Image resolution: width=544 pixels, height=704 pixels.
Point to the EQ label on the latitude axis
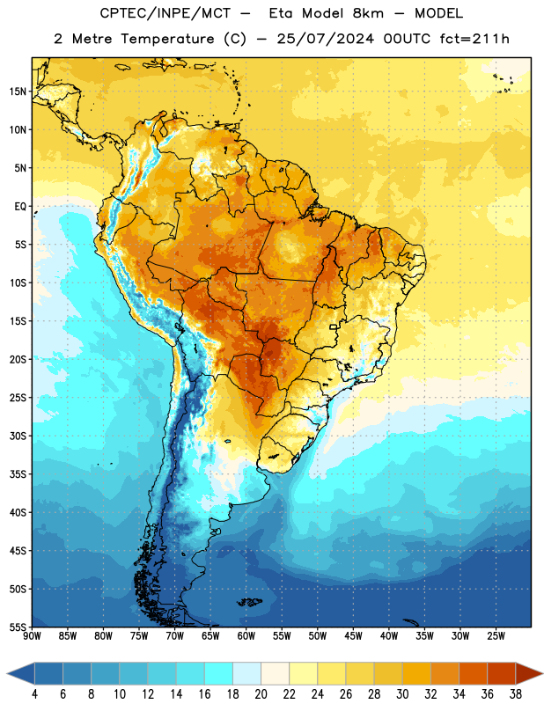point(20,207)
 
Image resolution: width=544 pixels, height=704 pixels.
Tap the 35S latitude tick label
point(18,474)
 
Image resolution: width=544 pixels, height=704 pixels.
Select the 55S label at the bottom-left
point(18,627)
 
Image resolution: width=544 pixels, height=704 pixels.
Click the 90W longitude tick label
point(32,635)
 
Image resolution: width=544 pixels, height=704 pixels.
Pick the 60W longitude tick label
point(246,635)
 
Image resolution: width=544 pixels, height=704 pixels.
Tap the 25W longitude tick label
point(496,635)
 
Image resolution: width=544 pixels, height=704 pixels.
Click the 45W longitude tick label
point(353,635)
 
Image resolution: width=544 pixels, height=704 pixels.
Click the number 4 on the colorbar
point(34,694)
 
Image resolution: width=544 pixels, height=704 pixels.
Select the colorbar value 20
point(261,694)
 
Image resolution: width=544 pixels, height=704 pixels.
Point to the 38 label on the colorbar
point(516,694)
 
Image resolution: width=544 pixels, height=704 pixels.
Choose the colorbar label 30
point(402,694)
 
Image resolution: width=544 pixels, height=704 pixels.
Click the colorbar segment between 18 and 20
point(246,673)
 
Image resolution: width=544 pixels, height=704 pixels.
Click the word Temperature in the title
point(167,39)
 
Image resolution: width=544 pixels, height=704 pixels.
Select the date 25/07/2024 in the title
point(326,39)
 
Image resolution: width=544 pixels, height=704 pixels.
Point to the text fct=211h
point(474,39)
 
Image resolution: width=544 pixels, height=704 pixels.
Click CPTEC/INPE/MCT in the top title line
point(165,13)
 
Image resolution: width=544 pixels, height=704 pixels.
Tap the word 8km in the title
point(368,13)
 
